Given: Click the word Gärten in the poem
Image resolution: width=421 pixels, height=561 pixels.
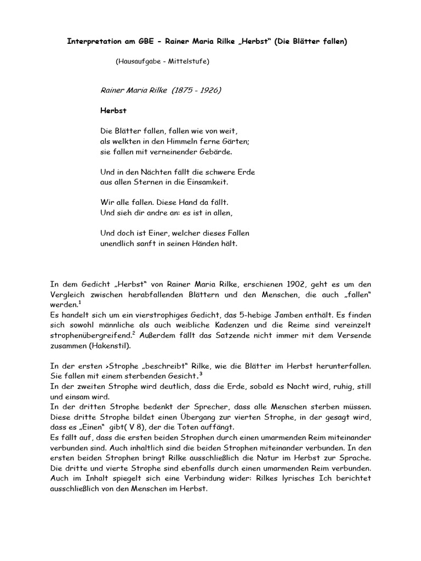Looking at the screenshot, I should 235,141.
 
